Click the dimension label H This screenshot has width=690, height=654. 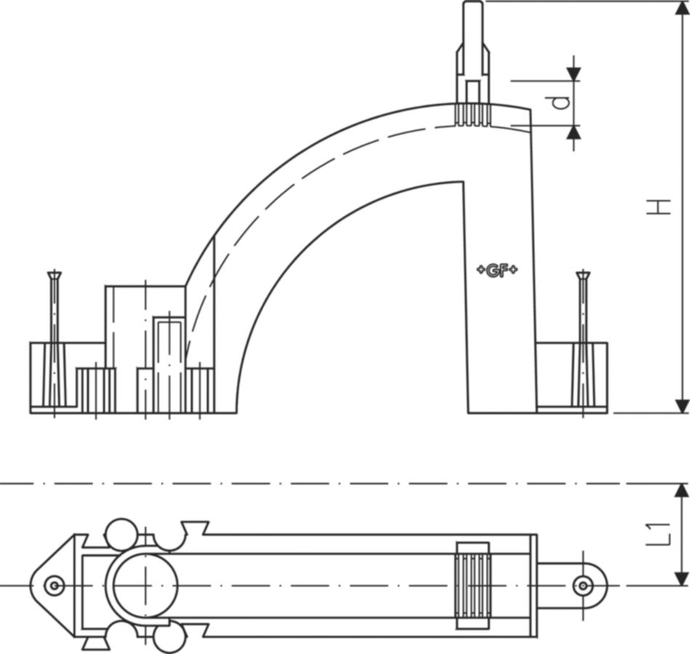[x=658, y=207]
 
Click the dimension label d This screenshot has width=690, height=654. [x=559, y=103]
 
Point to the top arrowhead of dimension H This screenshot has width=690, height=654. [x=682, y=8]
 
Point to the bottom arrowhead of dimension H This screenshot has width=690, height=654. [x=682, y=406]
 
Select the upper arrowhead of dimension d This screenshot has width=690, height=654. [x=573, y=74]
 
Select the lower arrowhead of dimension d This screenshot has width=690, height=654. [x=573, y=132]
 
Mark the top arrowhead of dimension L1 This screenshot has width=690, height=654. [x=682, y=490]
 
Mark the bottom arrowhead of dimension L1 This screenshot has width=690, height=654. [x=682, y=579]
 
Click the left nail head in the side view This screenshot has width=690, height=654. [x=55, y=275]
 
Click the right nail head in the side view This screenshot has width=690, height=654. [x=583, y=275]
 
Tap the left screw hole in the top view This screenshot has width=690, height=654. [x=54, y=586]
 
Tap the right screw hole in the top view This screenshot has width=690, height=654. [x=583, y=586]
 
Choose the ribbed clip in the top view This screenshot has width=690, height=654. [x=473, y=586]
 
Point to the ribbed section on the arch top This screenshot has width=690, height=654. [x=473, y=115]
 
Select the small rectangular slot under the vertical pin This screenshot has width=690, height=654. [x=473, y=92]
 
